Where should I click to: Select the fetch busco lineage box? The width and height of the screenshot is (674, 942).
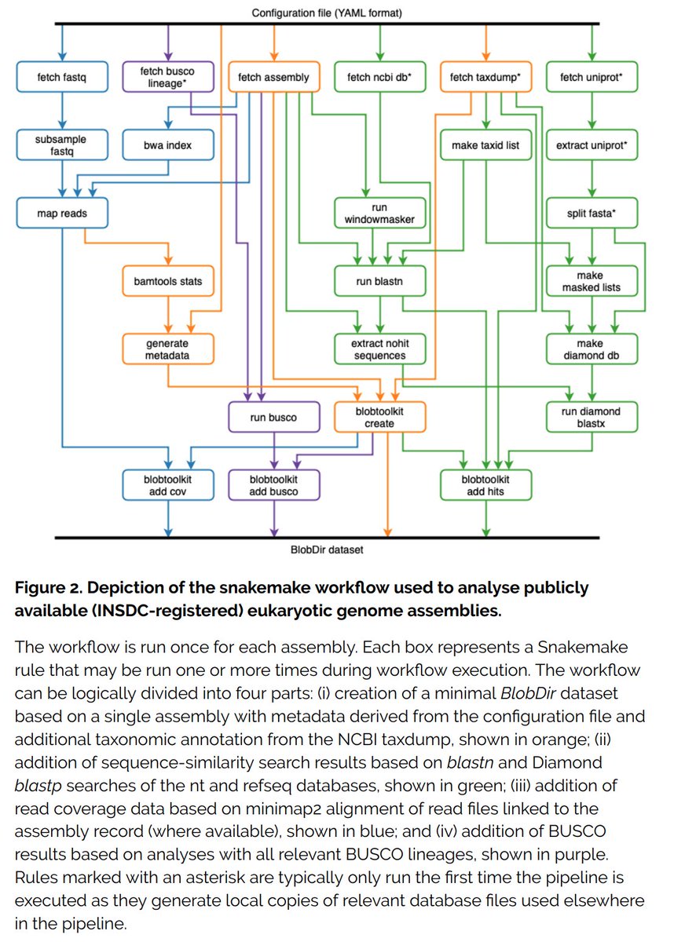pos(167,77)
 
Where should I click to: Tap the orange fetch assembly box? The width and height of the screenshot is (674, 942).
pos(273,77)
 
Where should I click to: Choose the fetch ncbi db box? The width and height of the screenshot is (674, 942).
pos(379,77)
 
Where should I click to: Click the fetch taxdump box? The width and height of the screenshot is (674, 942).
pos(485,77)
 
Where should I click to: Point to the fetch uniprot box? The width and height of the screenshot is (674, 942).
pos(592,77)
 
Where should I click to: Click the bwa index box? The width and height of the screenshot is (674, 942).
pos(167,145)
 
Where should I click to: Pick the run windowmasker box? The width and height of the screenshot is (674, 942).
pos(379,213)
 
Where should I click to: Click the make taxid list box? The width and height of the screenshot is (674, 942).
pos(485,145)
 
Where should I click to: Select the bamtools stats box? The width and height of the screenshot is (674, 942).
pos(167,281)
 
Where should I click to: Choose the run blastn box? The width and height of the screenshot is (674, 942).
pos(379,281)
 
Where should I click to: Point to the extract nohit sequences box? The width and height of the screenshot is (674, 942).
pos(379,349)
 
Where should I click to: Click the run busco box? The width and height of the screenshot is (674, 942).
pos(273,418)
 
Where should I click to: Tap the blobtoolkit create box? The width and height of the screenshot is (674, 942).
pos(379,418)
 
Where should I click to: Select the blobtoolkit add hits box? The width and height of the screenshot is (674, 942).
pos(485,485)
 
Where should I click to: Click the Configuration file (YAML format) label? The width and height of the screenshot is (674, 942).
pos(328,13)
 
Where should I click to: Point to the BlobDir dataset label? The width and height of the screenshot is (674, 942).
pos(327,549)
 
